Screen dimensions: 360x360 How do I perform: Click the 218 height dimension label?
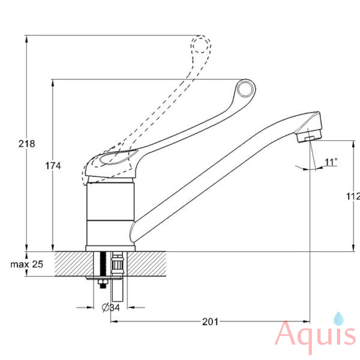click(26, 144)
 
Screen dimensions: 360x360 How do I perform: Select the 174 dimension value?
click(53, 166)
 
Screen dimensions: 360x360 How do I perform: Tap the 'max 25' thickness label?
click(27, 264)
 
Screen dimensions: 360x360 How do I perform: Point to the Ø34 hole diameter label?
click(110, 307)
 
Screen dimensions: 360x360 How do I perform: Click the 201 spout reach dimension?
click(210, 322)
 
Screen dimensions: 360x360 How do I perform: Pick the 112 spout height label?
click(353, 196)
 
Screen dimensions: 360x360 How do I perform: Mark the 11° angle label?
click(331, 162)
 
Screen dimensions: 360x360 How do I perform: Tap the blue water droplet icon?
click(338, 319)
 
